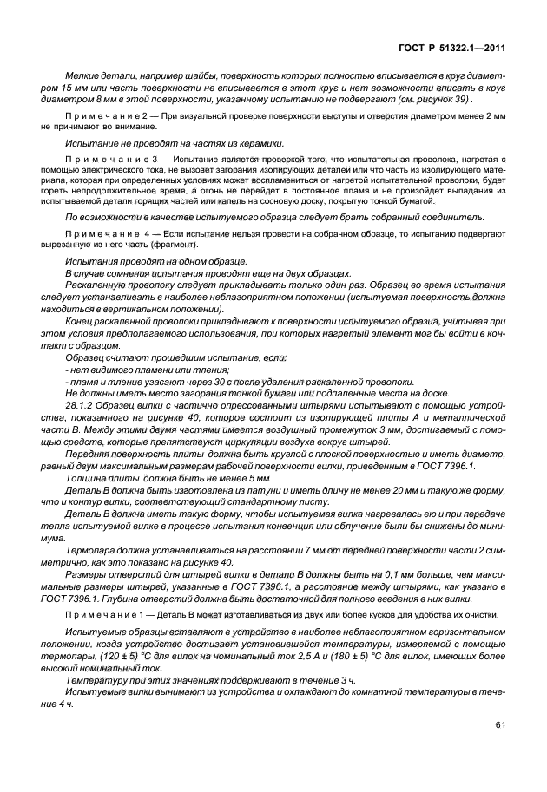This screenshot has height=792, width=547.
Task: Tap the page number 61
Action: click(501, 723)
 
